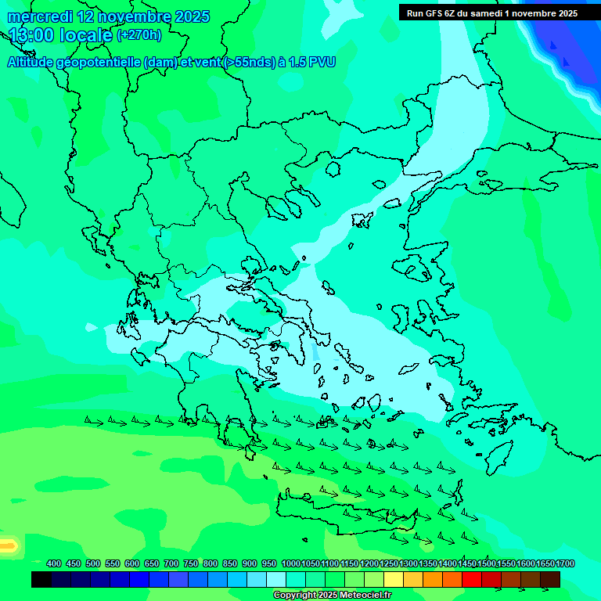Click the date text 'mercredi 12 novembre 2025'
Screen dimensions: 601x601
[x=108, y=16]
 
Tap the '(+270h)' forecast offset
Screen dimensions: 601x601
[x=139, y=35]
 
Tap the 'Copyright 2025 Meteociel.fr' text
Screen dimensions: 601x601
[x=332, y=595]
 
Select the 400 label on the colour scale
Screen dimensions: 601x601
[x=54, y=563]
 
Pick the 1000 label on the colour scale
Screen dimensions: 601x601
[x=290, y=563]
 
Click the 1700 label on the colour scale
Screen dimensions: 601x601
[x=565, y=563]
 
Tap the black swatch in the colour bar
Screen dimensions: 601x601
[x=41, y=579]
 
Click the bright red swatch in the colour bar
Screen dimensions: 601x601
[x=472, y=579]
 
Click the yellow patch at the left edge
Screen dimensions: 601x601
[x=7, y=545]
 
